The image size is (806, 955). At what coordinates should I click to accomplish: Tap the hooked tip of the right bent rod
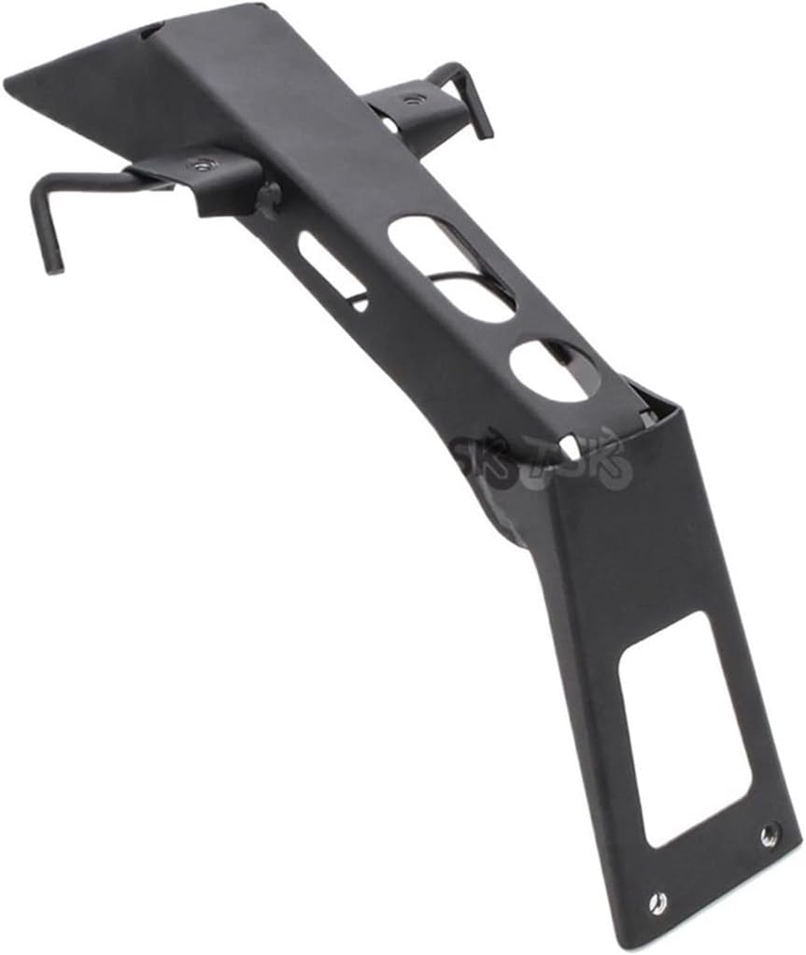(x=483, y=130)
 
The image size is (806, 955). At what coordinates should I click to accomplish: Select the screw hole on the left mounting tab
(x=198, y=165)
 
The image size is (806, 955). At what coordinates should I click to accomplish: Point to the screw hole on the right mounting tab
(x=410, y=99)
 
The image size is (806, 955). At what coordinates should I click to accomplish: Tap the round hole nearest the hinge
(x=554, y=371)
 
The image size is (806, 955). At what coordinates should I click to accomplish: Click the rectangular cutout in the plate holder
(x=685, y=728)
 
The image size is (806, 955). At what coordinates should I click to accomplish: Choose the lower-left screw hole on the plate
(x=658, y=902)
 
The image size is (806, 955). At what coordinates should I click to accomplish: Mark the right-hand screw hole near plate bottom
(x=769, y=834)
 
